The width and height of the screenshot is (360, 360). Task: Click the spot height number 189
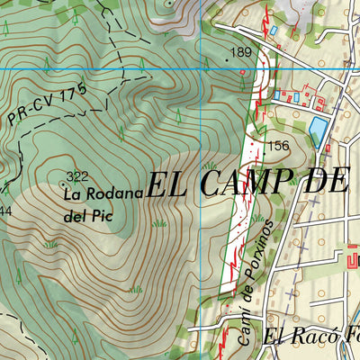[241, 53]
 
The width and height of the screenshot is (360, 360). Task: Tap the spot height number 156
[278, 146]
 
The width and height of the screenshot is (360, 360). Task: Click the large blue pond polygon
[319, 131]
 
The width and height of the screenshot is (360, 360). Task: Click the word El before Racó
[275, 338]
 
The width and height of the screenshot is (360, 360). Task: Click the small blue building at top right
[273, 31]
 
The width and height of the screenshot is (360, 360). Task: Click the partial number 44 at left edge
[4, 211]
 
